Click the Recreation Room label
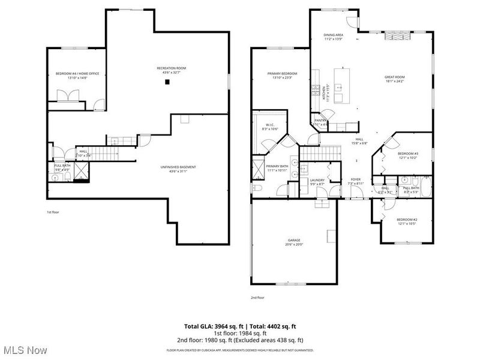pos(171,69)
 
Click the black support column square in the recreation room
pos(169,81)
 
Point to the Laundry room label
pos(317,181)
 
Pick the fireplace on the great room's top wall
pos(394,35)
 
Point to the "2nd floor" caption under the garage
pos(257,297)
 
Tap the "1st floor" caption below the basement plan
pos(53,212)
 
